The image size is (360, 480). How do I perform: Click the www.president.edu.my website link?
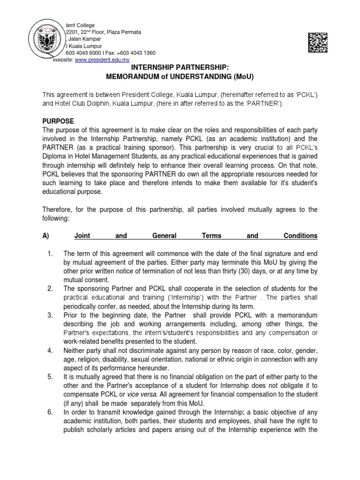pos(102,60)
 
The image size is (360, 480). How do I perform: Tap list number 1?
pos(50,254)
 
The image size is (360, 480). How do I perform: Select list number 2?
pos(50,288)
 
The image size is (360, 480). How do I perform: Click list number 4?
pos(50,351)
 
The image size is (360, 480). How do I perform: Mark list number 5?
pos(50,376)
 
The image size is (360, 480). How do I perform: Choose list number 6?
pos(50,411)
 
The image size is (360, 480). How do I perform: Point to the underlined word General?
pos(161,236)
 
